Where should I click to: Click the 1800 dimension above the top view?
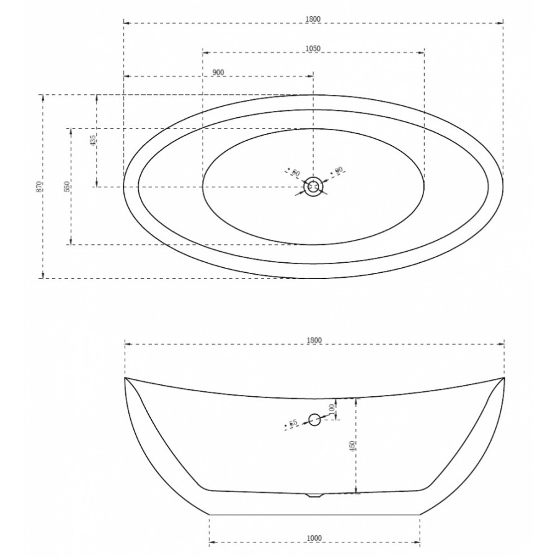[313, 19]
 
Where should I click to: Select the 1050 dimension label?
[313, 48]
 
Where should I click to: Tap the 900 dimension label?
[218, 73]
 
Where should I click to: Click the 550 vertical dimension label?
[67, 187]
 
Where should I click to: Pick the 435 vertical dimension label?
[93, 141]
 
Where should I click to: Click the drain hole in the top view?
[313, 187]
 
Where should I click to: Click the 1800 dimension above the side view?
[314, 340]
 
